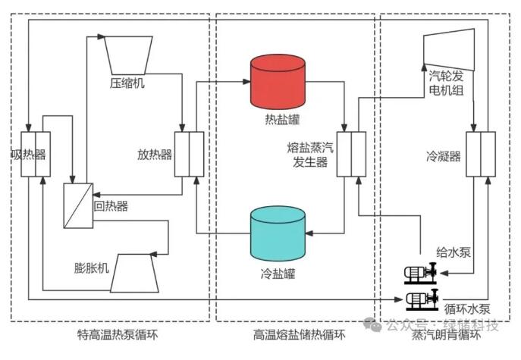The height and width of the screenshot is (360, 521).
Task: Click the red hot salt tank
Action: pyautogui.click(x=278, y=80)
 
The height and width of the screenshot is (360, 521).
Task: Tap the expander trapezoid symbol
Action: pyautogui.click(x=135, y=273)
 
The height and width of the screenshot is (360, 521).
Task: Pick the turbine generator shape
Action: pyautogui.click(x=450, y=48)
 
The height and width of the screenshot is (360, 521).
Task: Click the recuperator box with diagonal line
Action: pyautogui.click(x=78, y=205)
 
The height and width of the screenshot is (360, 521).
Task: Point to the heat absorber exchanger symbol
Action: pyautogui.click(x=36, y=155)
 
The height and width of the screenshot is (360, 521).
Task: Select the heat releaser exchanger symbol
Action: pyautogui.click(x=190, y=155)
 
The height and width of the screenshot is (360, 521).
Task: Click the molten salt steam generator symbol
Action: pyautogui.click(x=352, y=155)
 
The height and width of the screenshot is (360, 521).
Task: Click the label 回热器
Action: pyautogui.click(x=111, y=205)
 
